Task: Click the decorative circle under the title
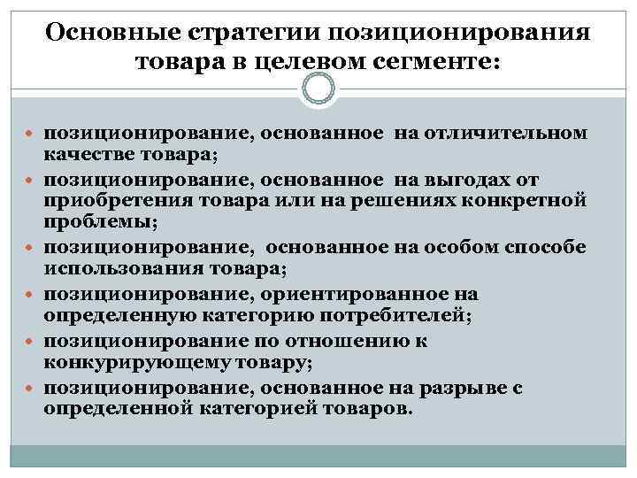(x=318, y=89)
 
